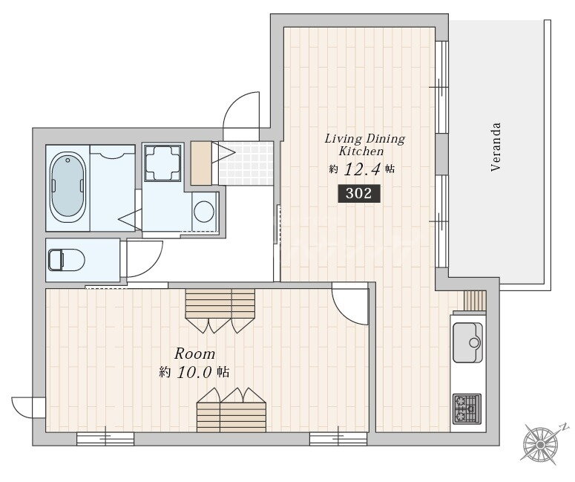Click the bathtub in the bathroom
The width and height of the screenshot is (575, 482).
coord(68,187)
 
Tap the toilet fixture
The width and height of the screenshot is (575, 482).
coord(66,260)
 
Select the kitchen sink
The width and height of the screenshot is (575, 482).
coord(467,342)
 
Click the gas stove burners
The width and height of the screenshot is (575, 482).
coord(467,408)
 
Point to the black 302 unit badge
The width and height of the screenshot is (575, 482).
coord(358,193)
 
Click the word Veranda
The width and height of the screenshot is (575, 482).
coord(496,147)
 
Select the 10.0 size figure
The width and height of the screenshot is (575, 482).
coord(194,373)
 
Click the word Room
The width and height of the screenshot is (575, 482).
coord(194,354)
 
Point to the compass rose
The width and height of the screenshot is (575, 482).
coord(540,444)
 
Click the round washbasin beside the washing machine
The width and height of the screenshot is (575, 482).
coord(204,212)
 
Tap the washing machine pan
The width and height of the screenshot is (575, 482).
coord(162,163)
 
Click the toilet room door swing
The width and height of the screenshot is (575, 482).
coord(145,258)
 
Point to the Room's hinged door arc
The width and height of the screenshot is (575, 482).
coord(349,305)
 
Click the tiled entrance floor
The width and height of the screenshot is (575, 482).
coord(246,163)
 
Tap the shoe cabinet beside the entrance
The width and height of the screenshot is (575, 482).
coord(201,163)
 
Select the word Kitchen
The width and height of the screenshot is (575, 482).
coord(361,152)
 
